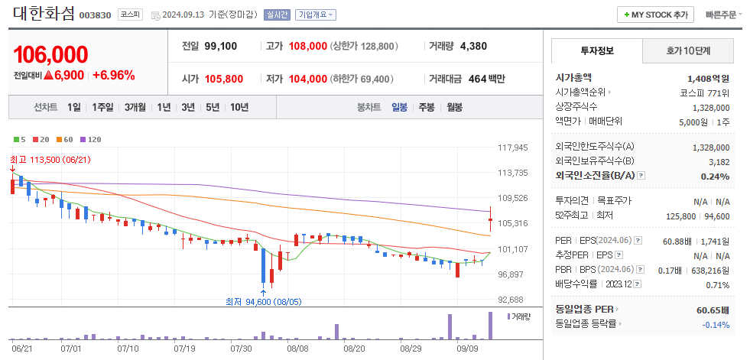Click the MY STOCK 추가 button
click(655, 15)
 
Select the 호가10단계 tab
click(688, 51)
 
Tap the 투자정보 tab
click(596, 51)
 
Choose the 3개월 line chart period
click(135, 107)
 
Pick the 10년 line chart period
click(239, 107)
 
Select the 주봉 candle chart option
click(426, 107)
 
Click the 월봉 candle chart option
click(454, 107)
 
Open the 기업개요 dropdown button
click(316, 15)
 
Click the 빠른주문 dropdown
click(724, 15)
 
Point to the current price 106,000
click(50, 54)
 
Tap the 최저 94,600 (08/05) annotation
click(264, 301)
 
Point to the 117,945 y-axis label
click(513, 148)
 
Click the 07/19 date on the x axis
click(185, 348)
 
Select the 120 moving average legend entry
click(91, 139)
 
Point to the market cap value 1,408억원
click(708, 78)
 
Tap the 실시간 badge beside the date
click(276, 15)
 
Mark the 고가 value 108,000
click(307, 47)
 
